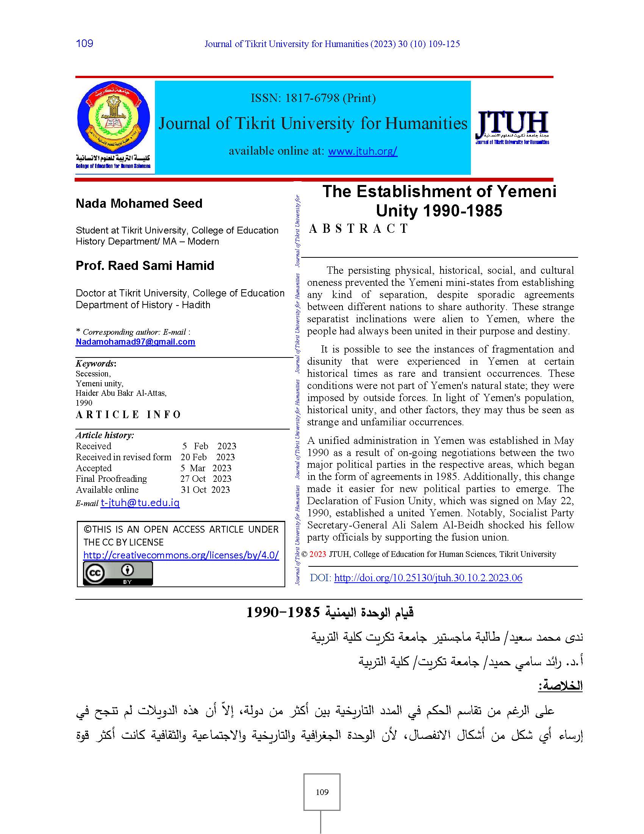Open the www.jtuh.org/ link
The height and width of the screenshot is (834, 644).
pos(363,151)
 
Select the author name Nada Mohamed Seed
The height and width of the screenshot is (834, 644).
pos(139,204)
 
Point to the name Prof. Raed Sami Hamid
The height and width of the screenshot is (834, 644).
pos(145,266)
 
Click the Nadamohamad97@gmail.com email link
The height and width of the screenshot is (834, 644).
pos(135,342)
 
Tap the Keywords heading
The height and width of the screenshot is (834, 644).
pos(95,364)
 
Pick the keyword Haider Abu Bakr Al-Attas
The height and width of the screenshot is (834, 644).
pos(121,393)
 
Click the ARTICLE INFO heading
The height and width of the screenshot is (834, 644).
pos(128,415)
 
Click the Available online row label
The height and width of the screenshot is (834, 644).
pos(107,490)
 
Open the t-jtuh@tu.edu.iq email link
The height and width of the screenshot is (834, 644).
pos(140,503)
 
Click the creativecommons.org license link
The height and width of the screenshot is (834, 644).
pos(181,555)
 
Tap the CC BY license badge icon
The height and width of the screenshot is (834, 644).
pos(118,574)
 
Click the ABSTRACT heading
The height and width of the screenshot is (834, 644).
pos(359,229)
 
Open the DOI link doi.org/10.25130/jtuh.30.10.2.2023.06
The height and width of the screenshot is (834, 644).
pos(428,578)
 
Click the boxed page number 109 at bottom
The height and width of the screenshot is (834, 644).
pos(322,792)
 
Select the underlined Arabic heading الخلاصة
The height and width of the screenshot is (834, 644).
pos(560,686)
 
